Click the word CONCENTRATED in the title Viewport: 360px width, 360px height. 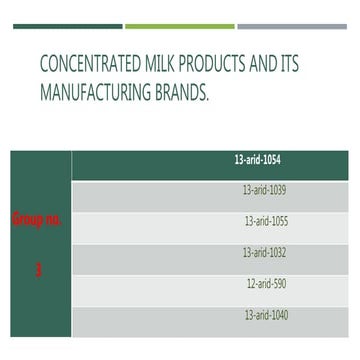[x=92, y=67]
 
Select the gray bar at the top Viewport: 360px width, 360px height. [x=292, y=26]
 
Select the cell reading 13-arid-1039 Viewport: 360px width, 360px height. [x=264, y=188]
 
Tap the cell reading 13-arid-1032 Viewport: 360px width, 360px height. [x=264, y=252]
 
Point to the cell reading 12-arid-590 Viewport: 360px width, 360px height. [x=267, y=284]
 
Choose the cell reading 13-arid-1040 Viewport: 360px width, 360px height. [x=266, y=316]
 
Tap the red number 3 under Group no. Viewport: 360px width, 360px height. [x=38, y=269]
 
